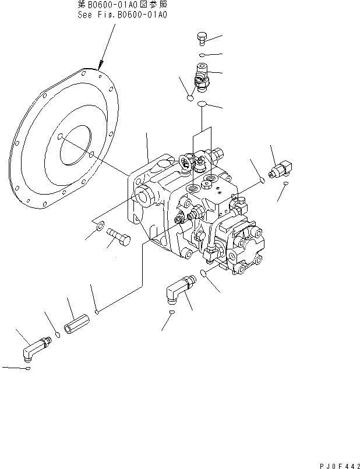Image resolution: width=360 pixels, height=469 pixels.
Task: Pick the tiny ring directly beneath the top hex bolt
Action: click(x=200, y=55)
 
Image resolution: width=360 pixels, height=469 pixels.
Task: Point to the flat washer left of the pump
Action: click(x=100, y=225)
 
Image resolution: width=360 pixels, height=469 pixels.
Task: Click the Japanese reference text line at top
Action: click(x=122, y=5)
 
